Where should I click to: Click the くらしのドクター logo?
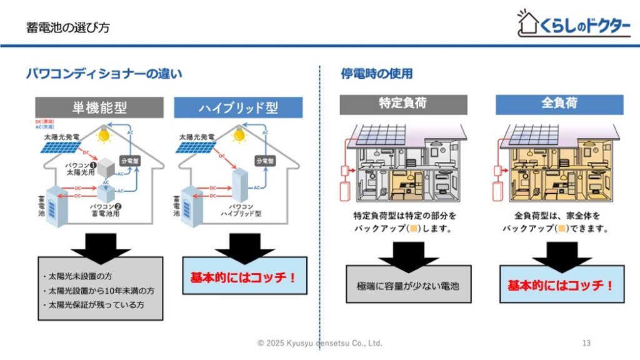pyautogui.click(x=574, y=24)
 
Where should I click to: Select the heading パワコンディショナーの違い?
pyautogui.click(x=104, y=74)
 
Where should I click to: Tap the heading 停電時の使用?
pyautogui.click(x=376, y=74)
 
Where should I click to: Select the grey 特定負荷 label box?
pyautogui.click(x=403, y=104)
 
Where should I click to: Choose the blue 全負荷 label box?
pyautogui.click(x=559, y=104)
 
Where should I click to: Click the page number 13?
pyautogui.click(x=586, y=343)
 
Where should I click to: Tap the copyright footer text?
pyautogui.click(x=320, y=343)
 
